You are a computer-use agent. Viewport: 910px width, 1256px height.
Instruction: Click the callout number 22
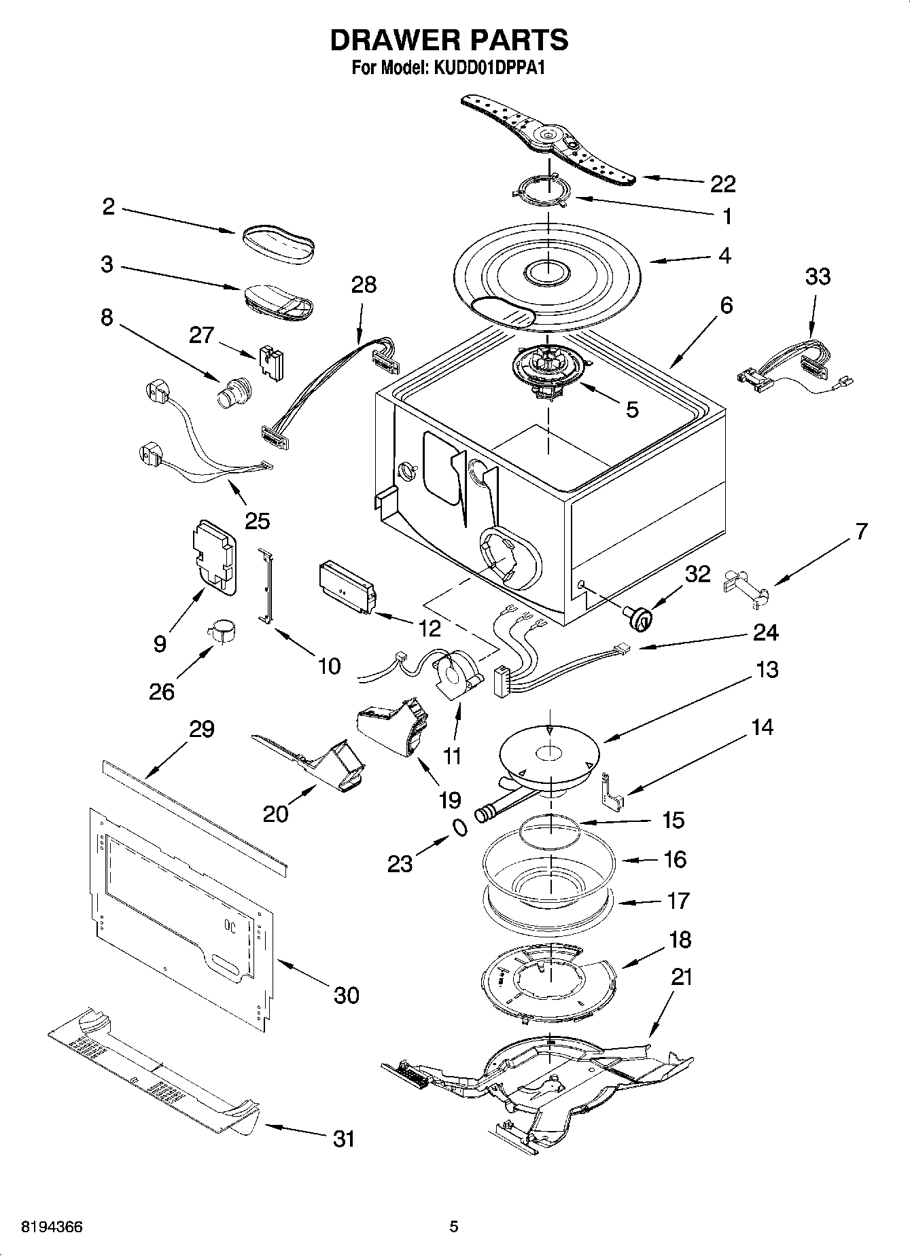(722, 183)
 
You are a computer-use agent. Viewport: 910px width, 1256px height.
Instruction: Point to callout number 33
(818, 276)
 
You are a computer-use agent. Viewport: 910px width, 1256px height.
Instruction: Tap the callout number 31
(344, 1137)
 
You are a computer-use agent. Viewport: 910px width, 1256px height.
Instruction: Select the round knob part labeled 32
(638, 617)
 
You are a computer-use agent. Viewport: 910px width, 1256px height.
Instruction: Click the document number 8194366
(52, 1227)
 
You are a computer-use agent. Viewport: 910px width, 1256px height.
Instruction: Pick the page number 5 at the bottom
(454, 1227)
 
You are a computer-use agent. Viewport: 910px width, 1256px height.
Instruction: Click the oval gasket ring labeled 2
(277, 244)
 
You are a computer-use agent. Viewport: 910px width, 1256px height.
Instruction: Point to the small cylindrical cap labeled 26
(220, 631)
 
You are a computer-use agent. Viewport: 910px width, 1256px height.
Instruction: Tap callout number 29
(202, 730)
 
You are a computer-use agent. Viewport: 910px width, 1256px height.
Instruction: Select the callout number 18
(680, 939)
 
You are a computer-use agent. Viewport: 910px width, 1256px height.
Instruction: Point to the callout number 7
(861, 532)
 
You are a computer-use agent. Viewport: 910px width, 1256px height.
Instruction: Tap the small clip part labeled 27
(271, 361)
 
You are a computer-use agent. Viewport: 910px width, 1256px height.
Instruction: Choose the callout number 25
(258, 520)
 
